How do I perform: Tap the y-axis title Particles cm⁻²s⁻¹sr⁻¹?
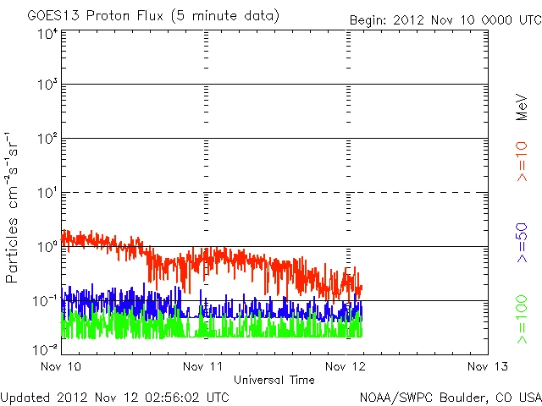point(14,206)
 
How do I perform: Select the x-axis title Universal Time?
point(274,380)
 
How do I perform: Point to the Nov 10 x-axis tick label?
point(61,366)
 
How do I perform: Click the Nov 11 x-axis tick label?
point(204,366)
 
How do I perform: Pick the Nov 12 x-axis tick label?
point(346,366)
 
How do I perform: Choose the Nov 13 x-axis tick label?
point(488,366)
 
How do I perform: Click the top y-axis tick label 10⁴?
point(47,35)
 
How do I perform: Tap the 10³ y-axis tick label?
point(47,85)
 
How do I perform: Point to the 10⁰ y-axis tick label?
point(47,246)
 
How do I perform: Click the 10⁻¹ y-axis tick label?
point(45,300)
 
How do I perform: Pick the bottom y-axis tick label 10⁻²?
point(45,348)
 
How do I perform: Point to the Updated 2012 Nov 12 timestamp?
point(114,396)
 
